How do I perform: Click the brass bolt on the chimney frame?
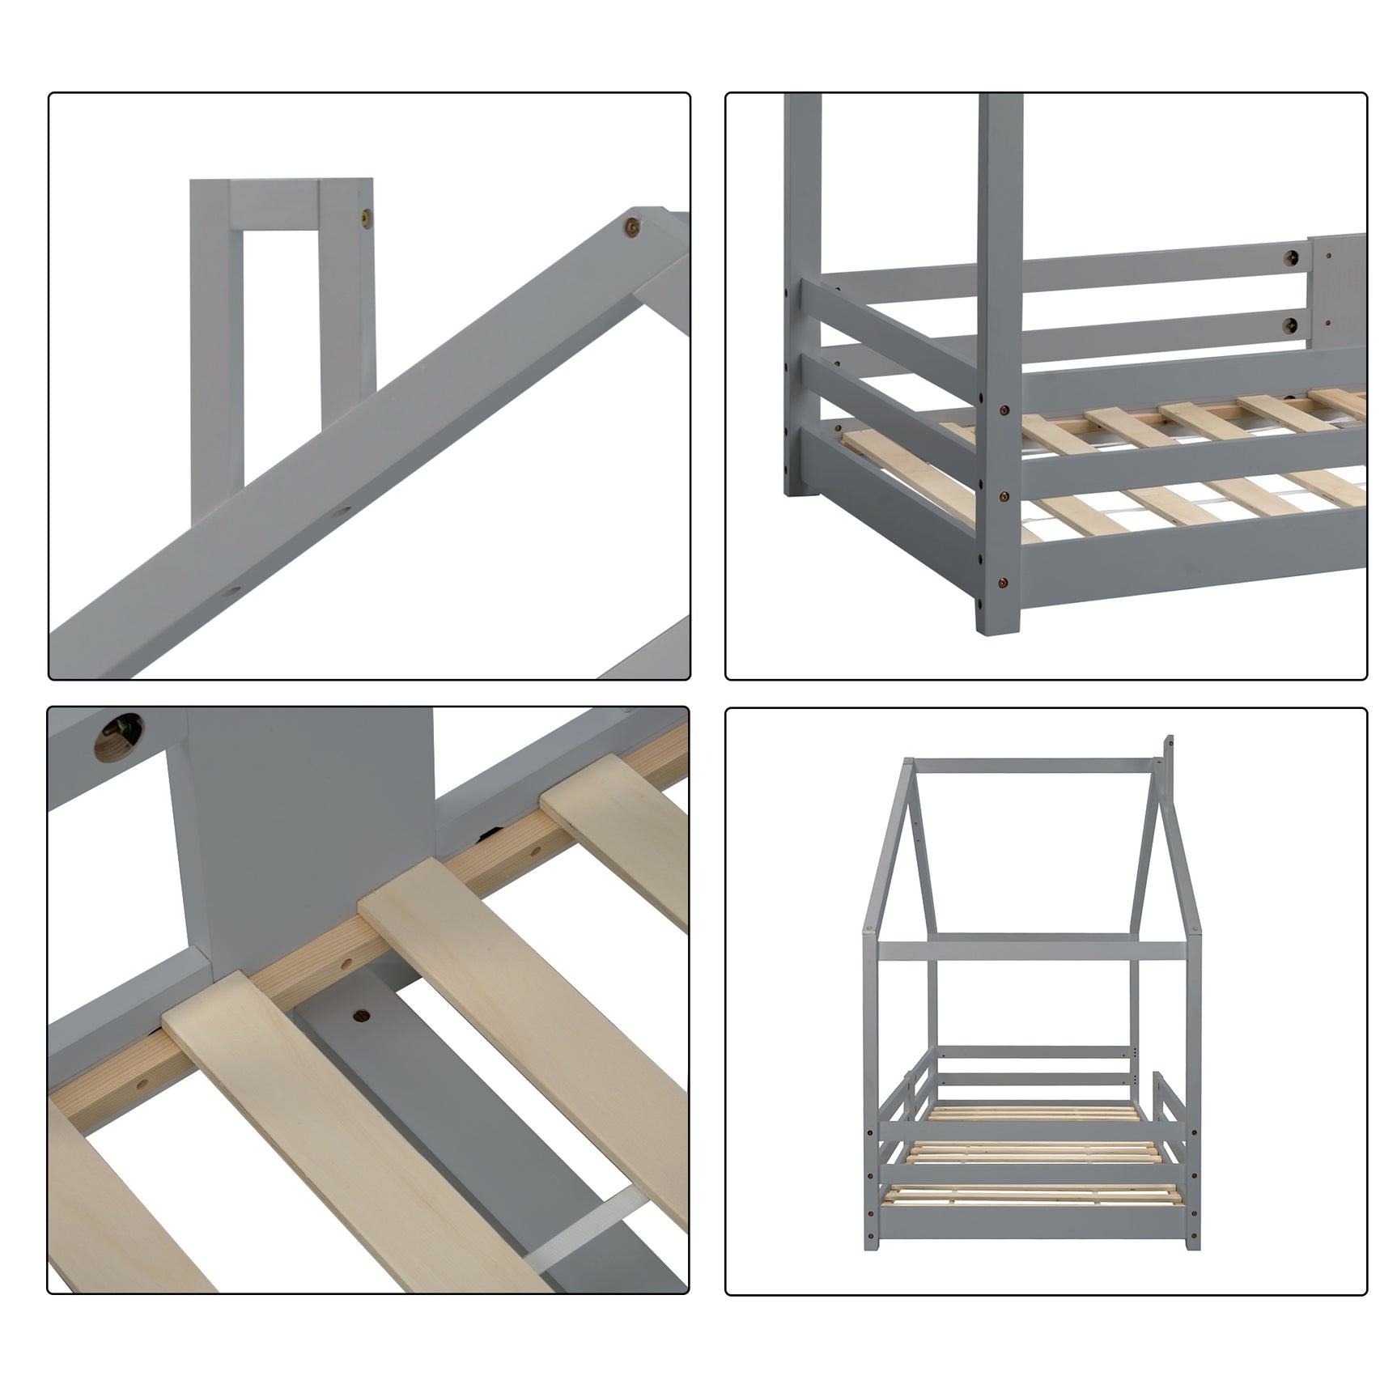(368, 216)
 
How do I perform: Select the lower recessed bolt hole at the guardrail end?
(1289, 326)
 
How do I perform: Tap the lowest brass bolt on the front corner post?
(1004, 581)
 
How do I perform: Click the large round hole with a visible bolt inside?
(118, 736)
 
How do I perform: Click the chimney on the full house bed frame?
(1168, 757)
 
